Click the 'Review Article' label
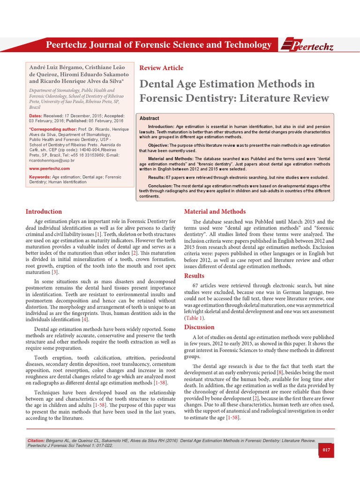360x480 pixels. (161, 68)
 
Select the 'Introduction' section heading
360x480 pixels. (44, 211)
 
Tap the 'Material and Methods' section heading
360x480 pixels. (215, 211)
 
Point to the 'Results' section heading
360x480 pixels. (194, 276)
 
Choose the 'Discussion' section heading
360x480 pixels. (199, 327)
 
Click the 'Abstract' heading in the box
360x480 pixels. (149, 119)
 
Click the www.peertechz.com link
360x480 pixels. (46, 167)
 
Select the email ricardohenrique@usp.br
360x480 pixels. (52, 160)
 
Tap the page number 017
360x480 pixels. (326, 450)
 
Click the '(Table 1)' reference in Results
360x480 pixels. (196, 318)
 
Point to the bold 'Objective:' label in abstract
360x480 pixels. (162, 146)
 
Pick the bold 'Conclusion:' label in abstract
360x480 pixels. (164, 186)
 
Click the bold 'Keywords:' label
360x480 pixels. (40, 177)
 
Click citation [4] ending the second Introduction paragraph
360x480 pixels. (85, 319)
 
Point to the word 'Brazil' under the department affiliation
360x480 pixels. (35, 107)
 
